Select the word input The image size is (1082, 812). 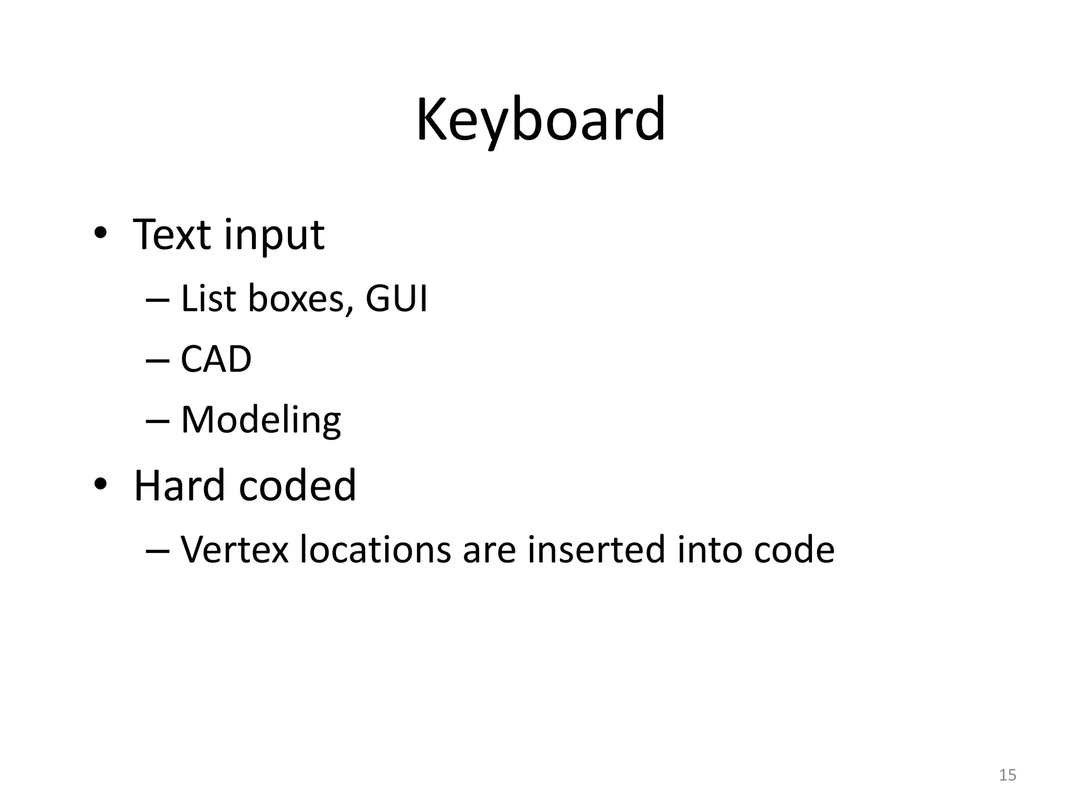click(x=274, y=236)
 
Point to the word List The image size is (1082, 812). click(x=208, y=298)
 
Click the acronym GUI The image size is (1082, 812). click(x=396, y=298)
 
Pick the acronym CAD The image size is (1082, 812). click(x=216, y=359)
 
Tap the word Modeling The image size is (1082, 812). click(x=261, y=421)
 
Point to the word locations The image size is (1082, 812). click(x=375, y=550)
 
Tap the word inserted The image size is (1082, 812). click(x=595, y=550)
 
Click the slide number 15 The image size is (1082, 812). click(x=1008, y=775)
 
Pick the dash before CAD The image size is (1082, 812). click(x=157, y=360)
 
